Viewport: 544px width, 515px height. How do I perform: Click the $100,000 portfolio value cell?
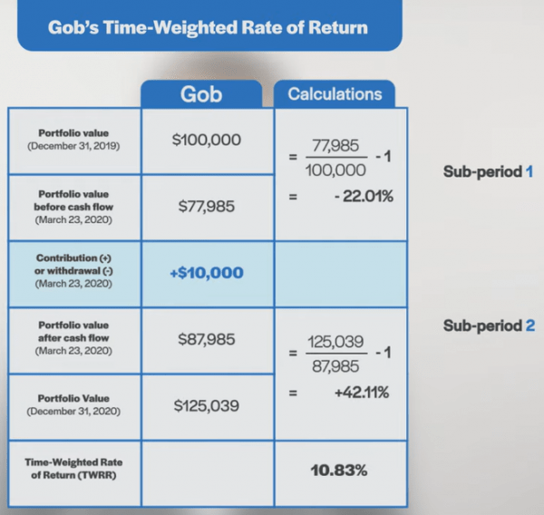tap(207, 141)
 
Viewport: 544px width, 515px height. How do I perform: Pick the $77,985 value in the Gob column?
tap(207, 207)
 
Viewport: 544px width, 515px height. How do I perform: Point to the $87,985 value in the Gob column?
tap(207, 339)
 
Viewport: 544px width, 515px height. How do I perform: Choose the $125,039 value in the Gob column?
tap(207, 405)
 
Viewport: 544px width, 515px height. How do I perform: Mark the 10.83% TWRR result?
tap(340, 471)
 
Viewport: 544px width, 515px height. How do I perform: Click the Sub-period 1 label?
tap(488, 170)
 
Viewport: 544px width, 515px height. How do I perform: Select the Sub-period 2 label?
tap(488, 326)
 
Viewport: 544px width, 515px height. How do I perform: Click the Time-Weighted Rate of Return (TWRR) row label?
tap(73, 470)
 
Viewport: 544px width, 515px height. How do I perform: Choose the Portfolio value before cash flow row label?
tap(73, 206)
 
